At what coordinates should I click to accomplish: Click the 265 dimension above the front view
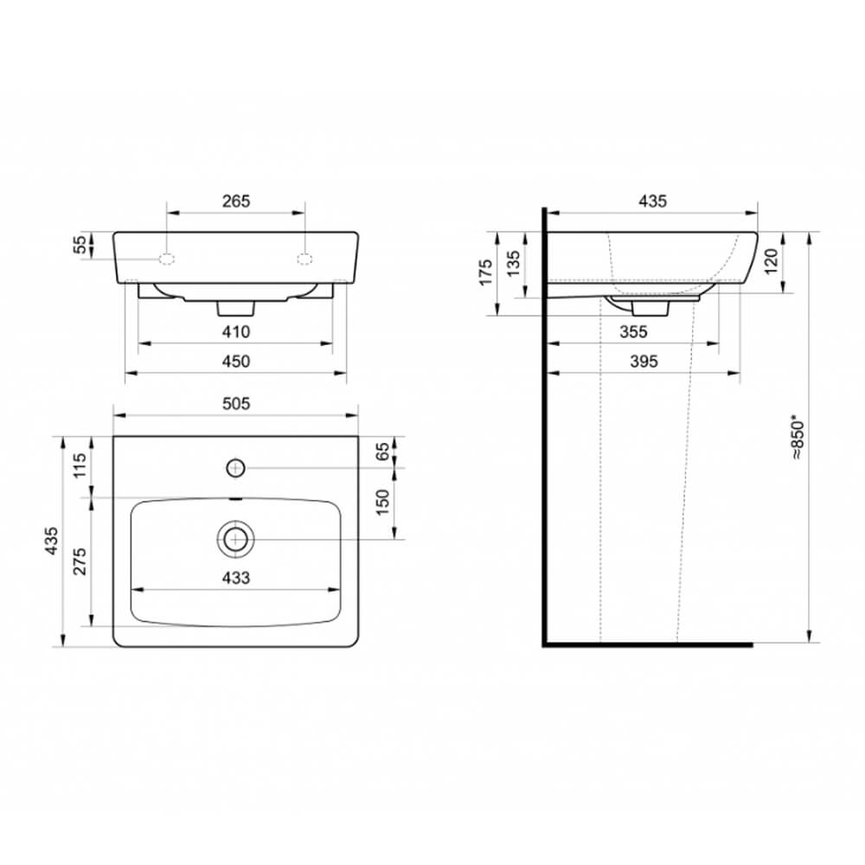(236, 202)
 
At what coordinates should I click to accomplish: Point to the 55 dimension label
(80, 245)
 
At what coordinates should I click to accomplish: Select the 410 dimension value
(236, 332)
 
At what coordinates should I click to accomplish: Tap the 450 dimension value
(236, 362)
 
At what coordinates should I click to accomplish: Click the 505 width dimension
(236, 404)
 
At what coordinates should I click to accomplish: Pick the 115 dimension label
(80, 465)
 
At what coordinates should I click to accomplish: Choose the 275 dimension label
(80, 561)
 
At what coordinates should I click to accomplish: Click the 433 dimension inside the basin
(236, 578)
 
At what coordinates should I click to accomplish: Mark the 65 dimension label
(382, 452)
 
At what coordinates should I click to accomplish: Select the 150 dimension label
(382, 503)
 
